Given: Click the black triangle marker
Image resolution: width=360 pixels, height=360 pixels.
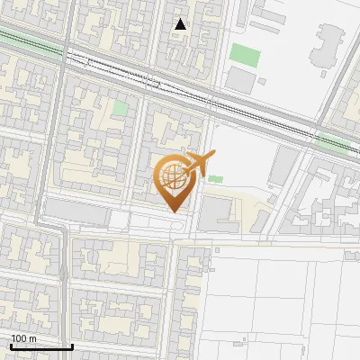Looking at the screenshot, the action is [x=181, y=24].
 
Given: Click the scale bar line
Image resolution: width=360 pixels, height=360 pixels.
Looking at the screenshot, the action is [x=40, y=346].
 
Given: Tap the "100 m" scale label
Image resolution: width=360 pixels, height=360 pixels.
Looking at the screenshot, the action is [x=23, y=338].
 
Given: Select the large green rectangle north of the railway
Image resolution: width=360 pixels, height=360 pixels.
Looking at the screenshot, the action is [x=244, y=54].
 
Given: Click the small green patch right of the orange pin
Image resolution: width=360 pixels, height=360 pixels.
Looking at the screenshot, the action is [x=215, y=178].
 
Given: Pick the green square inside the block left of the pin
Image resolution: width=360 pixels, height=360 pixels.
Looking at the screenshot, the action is [x=120, y=109].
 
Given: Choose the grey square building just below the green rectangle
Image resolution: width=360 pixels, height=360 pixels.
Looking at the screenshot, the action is [x=240, y=80].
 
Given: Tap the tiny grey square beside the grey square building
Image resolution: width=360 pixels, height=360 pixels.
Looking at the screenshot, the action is [x=264, y=81].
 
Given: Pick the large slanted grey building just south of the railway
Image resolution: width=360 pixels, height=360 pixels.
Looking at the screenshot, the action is [x=284, y=166].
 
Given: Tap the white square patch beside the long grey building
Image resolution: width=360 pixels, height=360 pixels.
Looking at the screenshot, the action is [x=120, y=220].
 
